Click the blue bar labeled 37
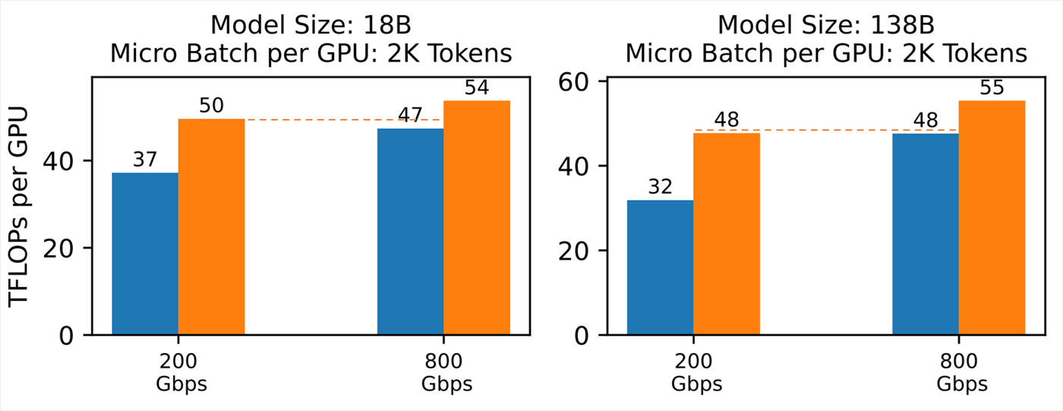click(x=145, y=254)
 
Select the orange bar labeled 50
click(x=211, y=226)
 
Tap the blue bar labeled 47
click(x=410, y=231)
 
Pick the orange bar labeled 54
click(x=476, y=217)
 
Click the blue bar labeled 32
click(x=660, y=267)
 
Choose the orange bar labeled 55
click(x=992, y=217)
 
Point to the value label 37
click(x=145, y=160)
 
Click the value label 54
click(x=476, y=88)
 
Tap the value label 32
click(x=660, y=188)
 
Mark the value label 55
click(x=992, y=88)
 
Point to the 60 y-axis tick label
click(x=574, y=81)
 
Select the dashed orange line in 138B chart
click(x=826, y=130)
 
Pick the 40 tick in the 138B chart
click(x=574, y=166)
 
